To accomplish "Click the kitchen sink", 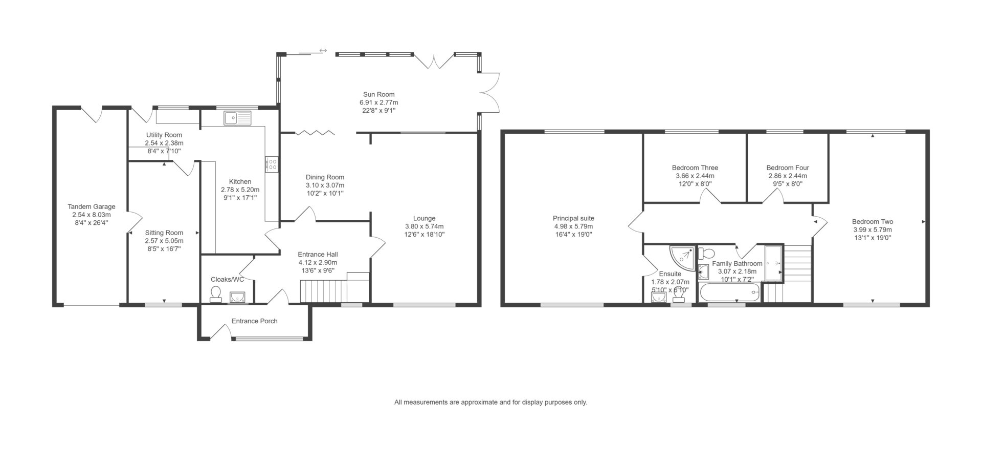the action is [237, 118].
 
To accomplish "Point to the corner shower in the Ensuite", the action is [683, 258].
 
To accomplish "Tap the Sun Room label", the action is [378, 94].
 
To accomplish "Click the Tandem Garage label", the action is [92, 207].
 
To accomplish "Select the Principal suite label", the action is [573, 218].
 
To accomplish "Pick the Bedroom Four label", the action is [788, 168].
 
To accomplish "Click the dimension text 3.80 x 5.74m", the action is [424, 226].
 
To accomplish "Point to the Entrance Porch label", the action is [255, 321].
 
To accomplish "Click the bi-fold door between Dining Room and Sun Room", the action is [315, 133].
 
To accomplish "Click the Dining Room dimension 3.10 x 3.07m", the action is [325, 185].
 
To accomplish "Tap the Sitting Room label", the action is [164, 233].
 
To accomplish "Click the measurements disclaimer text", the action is [490, 402].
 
